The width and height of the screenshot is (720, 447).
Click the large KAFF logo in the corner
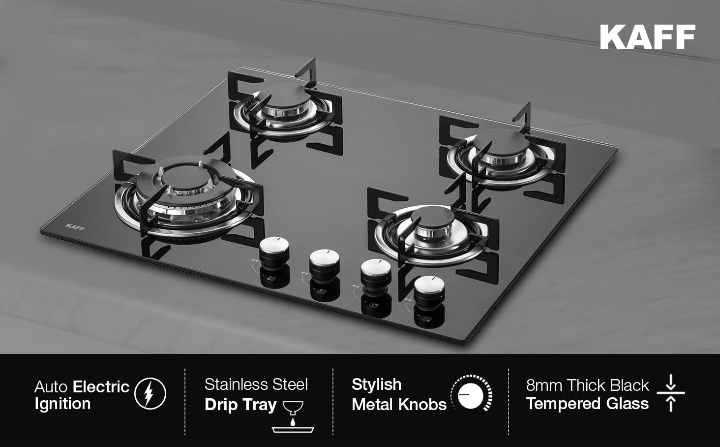point(647,37)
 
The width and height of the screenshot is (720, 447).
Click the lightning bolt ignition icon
point(150,393)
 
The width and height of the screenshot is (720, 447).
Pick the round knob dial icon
point(472,393)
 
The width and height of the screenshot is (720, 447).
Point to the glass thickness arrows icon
point(671,393)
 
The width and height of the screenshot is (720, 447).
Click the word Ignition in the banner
point(62,404)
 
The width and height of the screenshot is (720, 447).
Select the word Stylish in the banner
point(376,384)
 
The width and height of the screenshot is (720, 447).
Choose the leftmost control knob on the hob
point(274,249)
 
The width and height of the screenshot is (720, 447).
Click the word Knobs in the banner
point(422,405)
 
